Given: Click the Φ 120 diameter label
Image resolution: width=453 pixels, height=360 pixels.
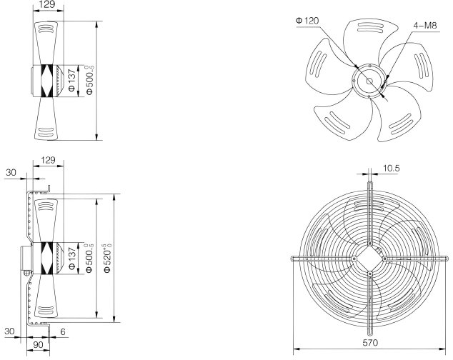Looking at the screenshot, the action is point(307,21).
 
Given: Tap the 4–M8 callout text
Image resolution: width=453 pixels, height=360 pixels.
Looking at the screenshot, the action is point(425,26).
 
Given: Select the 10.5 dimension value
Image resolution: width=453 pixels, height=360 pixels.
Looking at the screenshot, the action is point(391,168).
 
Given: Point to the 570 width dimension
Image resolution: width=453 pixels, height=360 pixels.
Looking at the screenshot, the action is point(370,343).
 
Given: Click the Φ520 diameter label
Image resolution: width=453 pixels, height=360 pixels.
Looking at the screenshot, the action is point(107,258).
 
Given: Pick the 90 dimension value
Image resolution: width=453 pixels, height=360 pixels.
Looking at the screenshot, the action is point(38,344).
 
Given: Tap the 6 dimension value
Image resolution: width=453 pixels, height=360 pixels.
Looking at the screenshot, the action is point(63,331).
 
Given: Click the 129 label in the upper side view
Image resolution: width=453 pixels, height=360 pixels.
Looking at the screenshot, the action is point(47,4).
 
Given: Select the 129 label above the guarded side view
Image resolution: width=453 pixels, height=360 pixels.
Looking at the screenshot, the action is point(48,160).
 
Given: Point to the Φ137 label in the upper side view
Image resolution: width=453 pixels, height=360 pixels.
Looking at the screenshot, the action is point(72,80).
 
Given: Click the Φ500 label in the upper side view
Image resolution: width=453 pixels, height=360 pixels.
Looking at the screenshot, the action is point(89,80).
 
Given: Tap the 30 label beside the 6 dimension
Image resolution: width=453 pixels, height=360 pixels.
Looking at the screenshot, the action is point(10,331).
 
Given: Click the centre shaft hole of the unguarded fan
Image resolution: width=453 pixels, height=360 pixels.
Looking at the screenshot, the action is point(369,81).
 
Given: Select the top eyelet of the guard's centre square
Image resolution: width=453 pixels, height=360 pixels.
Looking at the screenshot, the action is point(370,244).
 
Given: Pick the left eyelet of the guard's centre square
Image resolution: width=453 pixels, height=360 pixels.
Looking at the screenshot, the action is point(354,259).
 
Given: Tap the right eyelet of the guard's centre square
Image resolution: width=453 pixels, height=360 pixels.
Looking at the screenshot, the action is point(385,259).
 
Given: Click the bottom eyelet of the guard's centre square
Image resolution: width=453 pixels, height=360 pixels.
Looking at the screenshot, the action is point(370,273).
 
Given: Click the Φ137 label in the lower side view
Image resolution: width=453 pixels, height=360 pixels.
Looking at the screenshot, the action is point(72,258).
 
